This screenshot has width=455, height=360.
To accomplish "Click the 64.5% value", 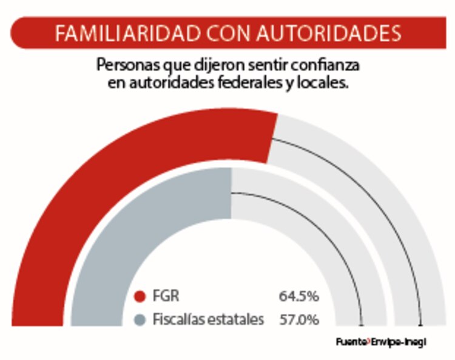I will [299, 297].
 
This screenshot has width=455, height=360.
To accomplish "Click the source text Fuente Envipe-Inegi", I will [381, 342].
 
